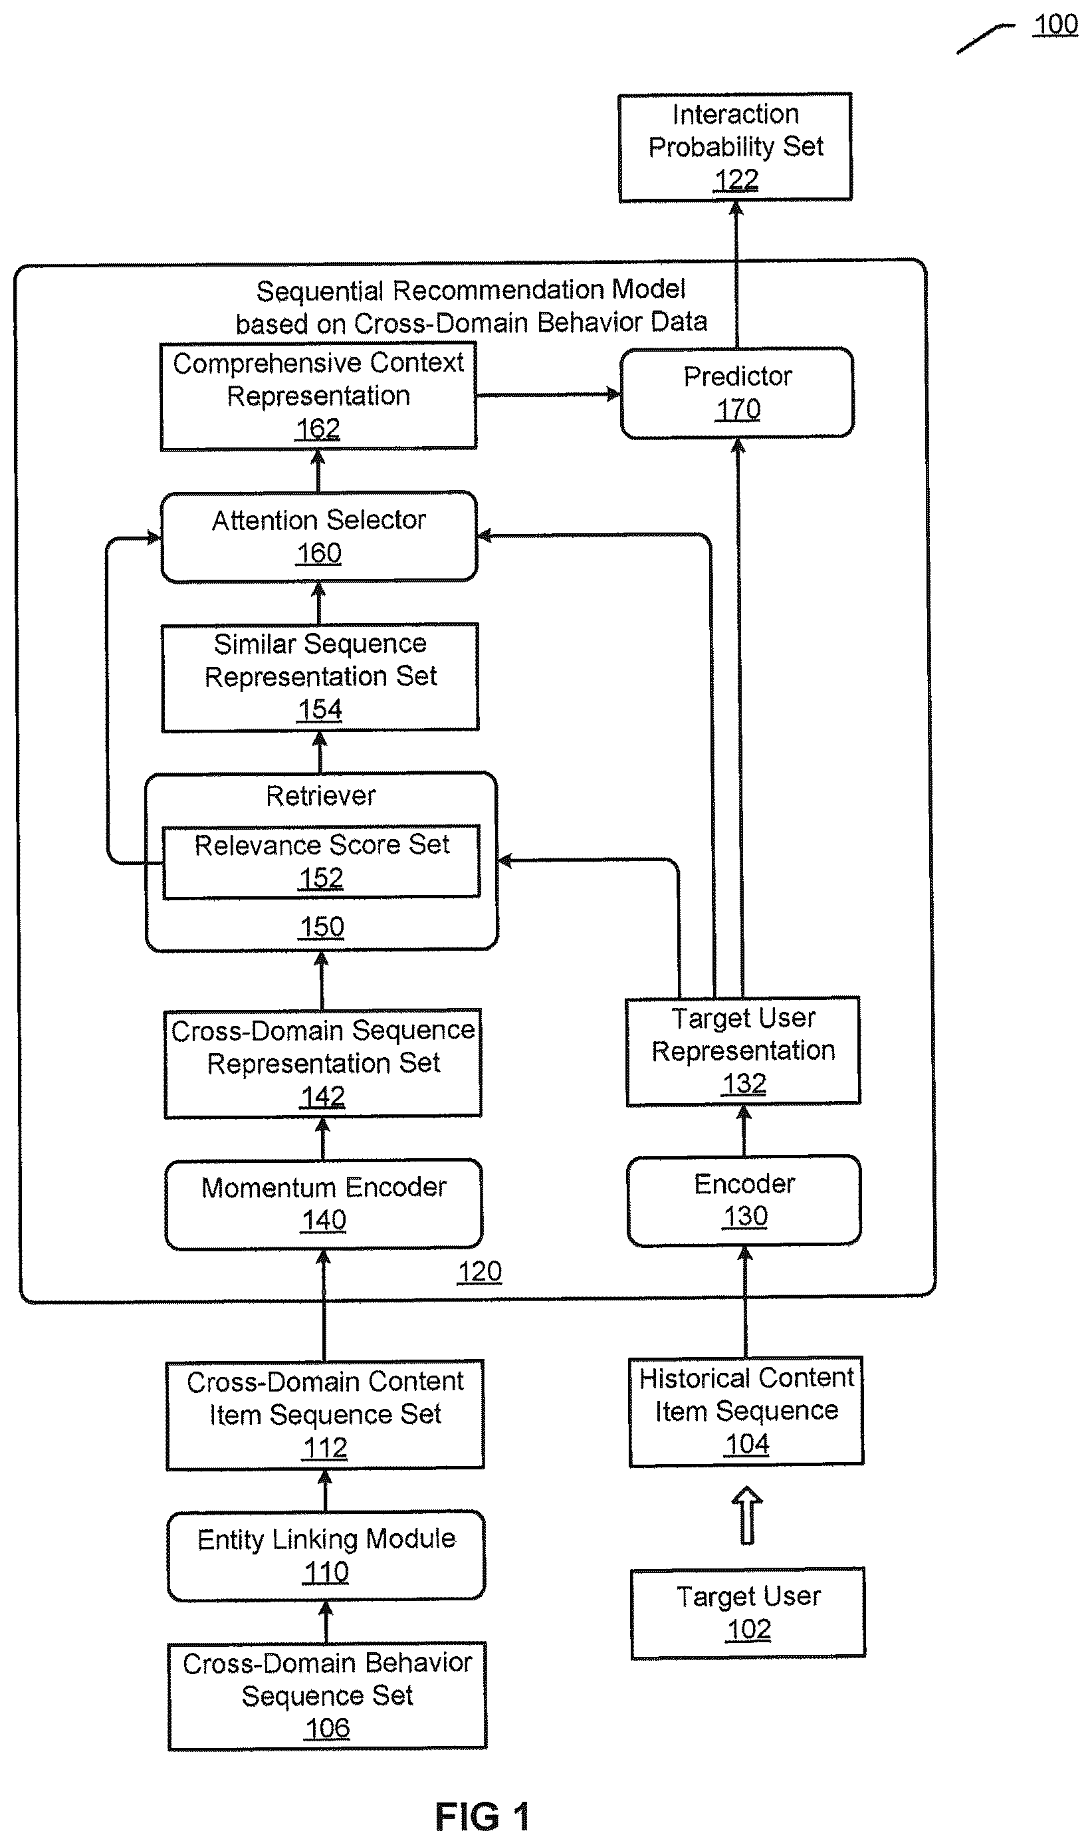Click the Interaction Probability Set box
point(735,147)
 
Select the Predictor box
point(737,393)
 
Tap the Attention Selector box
point(318,537)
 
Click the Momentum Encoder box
point(324,1204)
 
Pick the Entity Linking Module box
point(326,1556)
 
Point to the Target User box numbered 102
point(748,1613)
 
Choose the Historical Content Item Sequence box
point(746,1411)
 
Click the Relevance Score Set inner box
point(321,861)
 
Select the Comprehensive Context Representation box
point(318,397)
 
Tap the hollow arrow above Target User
point(747,1515)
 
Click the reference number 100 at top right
point(1055,25)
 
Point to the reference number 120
point(480,1272)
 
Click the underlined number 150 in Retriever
point(322,927)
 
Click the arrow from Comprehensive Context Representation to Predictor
point(549,394)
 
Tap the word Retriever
point(321,796)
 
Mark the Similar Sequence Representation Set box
point(320,677)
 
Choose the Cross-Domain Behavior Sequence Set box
point(328,1695)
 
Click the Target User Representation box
point(743,1051)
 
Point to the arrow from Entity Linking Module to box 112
point(326,1489)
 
